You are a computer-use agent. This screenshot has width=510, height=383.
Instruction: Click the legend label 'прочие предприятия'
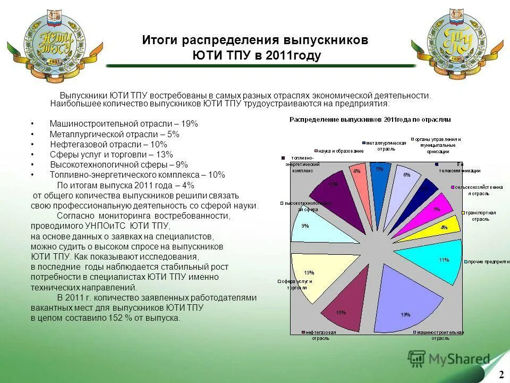(486, 261)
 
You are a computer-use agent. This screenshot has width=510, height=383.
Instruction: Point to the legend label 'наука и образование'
(341, 151)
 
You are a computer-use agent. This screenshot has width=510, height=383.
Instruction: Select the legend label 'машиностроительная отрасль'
(440, 335)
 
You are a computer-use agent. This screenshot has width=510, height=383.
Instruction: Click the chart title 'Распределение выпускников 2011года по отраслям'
(370, 120)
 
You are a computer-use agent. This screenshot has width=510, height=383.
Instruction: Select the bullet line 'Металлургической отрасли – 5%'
(114, 134)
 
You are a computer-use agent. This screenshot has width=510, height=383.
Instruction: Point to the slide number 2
(500, 373)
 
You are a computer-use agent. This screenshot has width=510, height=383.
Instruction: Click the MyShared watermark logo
(449, 359)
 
